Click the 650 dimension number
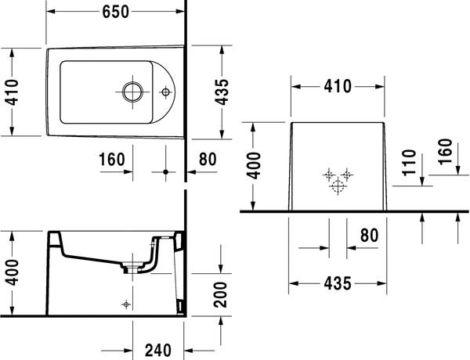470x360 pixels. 116,12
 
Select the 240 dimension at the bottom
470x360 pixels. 158,351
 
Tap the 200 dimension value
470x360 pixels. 221,295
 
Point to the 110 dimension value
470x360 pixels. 409,163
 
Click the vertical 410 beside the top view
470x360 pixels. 13,92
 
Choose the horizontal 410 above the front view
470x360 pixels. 338,87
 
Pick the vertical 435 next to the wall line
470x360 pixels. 222,92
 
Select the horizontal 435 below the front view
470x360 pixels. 338,283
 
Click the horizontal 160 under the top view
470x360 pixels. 112,160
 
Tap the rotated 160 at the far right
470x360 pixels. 445,152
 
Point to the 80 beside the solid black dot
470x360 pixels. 208,160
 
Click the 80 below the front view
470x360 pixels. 369,236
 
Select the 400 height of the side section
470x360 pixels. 13,272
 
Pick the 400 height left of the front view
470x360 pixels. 254,166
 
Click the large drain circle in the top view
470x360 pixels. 132,92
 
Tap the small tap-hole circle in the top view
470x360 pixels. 165,92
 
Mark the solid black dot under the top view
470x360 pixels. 165,172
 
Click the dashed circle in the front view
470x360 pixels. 338,186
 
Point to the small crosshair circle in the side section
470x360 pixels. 126,304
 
